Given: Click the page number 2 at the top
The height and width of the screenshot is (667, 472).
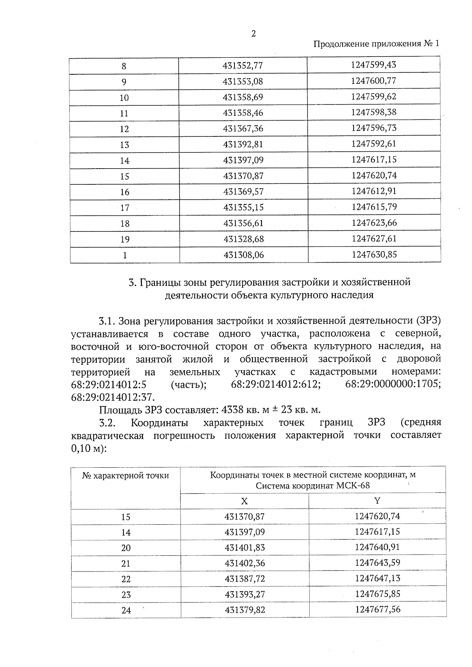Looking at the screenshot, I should point(253,34).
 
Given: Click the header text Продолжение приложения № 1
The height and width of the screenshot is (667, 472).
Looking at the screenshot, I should point(376,44).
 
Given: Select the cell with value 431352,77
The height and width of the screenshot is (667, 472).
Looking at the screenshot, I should point(243,66).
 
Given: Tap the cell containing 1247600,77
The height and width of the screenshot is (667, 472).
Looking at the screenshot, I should point(373,81).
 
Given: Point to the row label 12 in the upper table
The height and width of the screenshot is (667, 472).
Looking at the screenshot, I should point(124,129).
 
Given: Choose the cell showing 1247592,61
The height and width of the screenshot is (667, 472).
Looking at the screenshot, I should point(374,144).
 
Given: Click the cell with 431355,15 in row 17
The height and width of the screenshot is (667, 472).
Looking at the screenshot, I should point(243,207).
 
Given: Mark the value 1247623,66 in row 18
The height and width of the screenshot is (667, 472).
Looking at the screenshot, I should point(374,223).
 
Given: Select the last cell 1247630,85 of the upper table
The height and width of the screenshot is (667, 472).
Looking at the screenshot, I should point(374,255).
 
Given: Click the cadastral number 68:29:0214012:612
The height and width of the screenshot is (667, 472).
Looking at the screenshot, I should point(276,384).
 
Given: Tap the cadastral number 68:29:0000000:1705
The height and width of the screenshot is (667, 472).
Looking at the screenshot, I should point(393,384).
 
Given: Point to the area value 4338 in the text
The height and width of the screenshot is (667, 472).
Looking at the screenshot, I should point(232,410).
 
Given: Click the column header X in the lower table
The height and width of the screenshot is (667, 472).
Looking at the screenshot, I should point(244,501).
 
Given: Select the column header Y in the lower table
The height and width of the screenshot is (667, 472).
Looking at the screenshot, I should point(377,500).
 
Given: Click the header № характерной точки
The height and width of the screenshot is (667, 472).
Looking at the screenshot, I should point(125,476).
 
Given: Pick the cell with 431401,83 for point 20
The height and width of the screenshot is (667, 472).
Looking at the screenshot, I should point(245,548).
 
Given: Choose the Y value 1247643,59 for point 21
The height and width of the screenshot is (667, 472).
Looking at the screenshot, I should point(377,563).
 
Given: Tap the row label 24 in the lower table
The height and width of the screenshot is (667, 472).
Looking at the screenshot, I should point(126,610).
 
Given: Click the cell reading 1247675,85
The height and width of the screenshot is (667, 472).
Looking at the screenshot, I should point(377,594).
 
